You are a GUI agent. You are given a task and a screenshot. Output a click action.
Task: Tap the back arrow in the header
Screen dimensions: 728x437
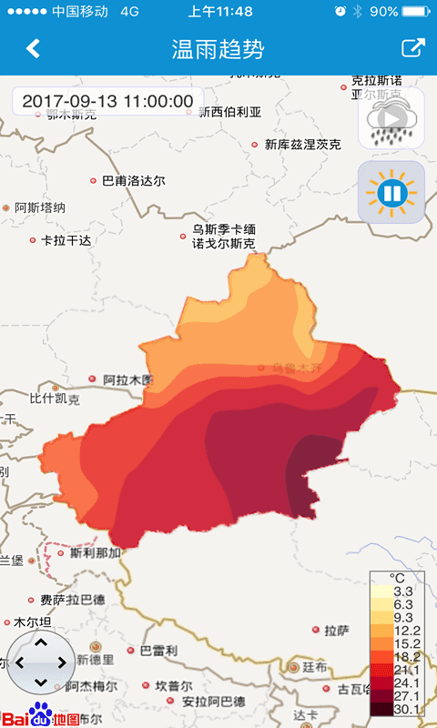[x=34, y=48]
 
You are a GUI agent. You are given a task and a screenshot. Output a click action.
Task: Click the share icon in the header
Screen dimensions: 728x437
[x=412, y=48]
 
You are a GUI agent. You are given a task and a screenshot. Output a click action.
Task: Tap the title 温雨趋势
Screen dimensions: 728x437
[x=218, y=48]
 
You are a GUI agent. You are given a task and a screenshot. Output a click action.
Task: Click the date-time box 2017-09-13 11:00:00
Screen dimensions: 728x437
[x=107, y=101]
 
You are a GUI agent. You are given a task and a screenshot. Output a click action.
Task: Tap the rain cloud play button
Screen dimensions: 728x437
[x=391, y=119]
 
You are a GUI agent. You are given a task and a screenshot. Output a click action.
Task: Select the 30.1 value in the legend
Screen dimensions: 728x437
[x=401, y=709]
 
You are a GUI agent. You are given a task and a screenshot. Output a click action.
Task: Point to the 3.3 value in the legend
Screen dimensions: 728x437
[x=401, y=591]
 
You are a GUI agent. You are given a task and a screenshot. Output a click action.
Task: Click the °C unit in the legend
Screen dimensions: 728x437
[x=397, y=578]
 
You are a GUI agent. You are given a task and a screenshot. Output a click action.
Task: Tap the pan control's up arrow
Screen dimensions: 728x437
[x=40, y=642]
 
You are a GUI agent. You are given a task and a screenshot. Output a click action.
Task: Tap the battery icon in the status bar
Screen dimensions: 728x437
[x=415, y=11]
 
